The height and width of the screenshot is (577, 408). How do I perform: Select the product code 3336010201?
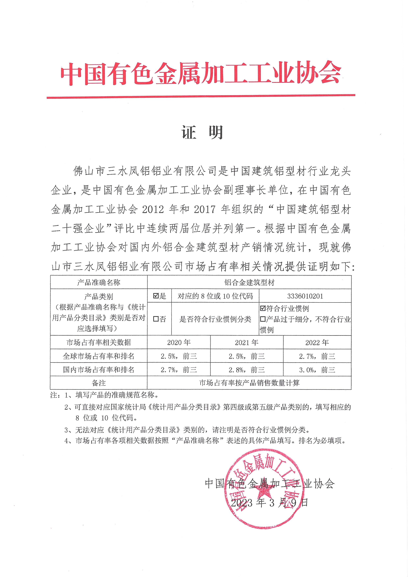click(305, 296)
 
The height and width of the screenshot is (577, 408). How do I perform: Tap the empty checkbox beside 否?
click(156, 319)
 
